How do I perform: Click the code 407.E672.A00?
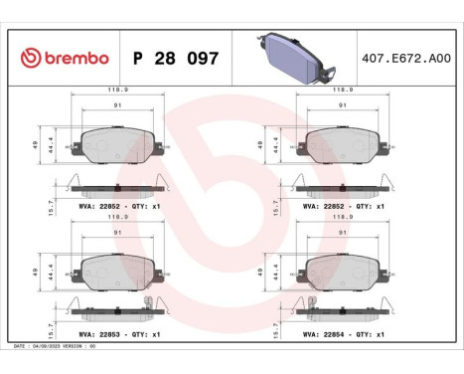[406, 58]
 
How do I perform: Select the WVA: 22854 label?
[327, 335]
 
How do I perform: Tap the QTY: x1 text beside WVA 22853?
[144, 335]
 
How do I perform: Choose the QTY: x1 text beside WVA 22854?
[371, 335]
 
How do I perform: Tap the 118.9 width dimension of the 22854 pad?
[344, 215]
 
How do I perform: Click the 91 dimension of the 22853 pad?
[117, 232]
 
